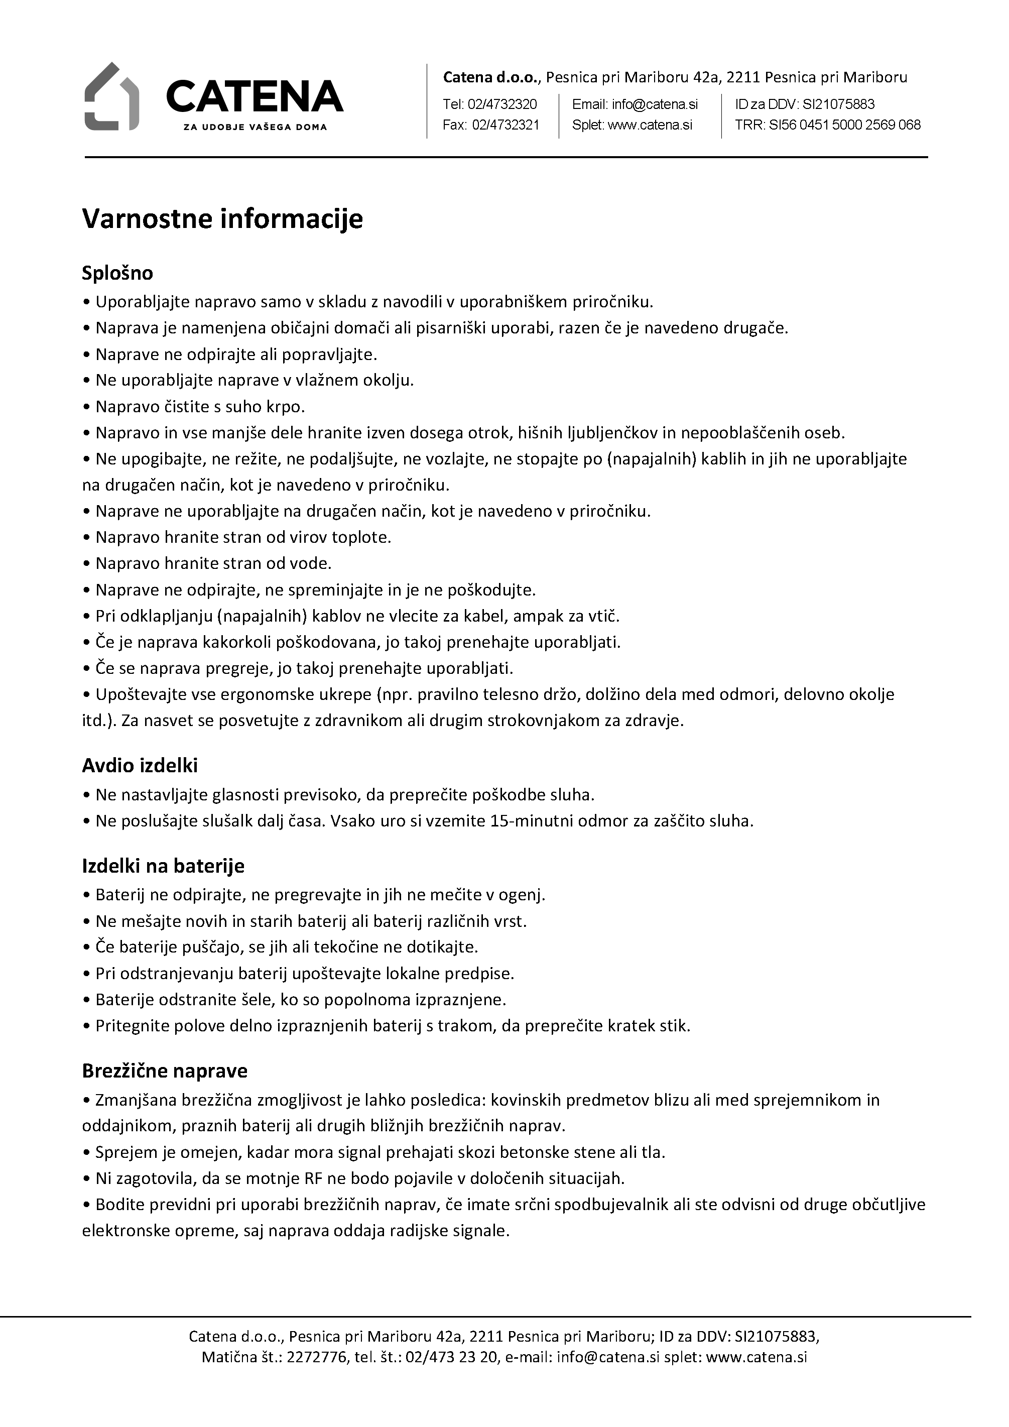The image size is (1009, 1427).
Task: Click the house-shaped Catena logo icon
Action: [111, 96]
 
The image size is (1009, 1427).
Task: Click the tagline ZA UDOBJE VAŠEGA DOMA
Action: [255, 127]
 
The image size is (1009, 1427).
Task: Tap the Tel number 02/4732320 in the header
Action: [504, 104]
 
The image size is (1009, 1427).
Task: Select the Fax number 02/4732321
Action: [505, 125]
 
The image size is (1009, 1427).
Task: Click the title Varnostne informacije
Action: [222, 219]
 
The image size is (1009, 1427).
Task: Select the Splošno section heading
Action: [117, 273]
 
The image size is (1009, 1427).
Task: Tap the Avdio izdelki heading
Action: [140, 765]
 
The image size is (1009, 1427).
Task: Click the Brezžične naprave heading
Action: [165, 1071]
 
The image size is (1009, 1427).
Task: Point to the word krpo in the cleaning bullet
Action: [287, 407]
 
